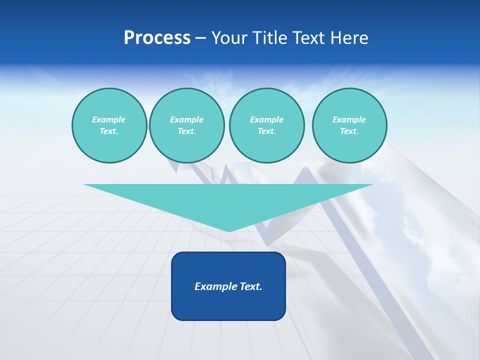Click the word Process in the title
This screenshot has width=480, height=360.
pyautogui.click(x=157, y=38)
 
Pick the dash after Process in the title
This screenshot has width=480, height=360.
pyautogui.click(x=200, y=39)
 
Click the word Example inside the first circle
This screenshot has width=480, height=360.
pyautogui.click(x=109, y=119)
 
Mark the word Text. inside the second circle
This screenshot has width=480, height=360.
pyautogui.click(x=186, y=131)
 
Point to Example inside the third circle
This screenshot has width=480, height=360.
pyautogui.click(x=266, y=119)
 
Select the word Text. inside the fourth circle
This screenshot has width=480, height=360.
pyautogui.click(x=349, y=131)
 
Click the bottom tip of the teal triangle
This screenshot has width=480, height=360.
pyautogui.click(x=229, y=230)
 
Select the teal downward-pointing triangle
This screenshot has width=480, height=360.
pyautogui.click(x=228, y=200)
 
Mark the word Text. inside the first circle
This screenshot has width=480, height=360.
pyautogui.click(x=109, y=131)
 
